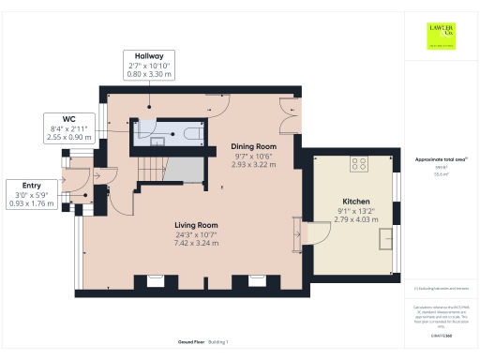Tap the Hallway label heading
150,55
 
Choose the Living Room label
196,225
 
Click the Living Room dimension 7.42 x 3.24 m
196,243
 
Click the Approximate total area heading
440,160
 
